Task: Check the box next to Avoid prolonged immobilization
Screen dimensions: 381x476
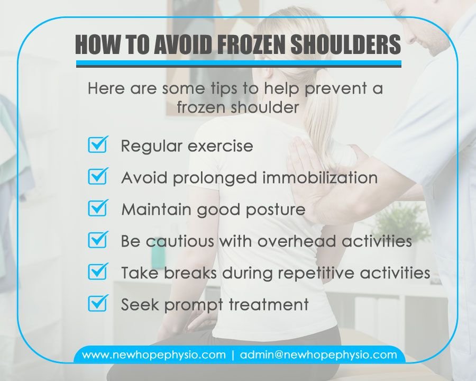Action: pos(98,176)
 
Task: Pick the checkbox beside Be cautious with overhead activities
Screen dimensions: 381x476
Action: pos(98,240)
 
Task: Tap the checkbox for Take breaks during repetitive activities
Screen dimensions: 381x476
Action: pos(98,272)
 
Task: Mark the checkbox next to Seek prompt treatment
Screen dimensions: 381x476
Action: pos(98,304)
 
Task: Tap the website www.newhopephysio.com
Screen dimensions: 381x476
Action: pos(154,355)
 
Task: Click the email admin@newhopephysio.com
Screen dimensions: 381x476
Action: pos(318,355)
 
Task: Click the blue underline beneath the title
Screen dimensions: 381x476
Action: pos(239,63)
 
